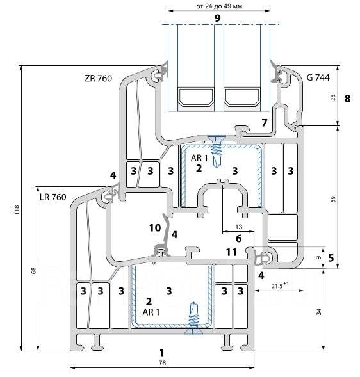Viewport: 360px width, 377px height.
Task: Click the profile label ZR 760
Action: point(98,78)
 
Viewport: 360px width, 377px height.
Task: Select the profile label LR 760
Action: point(53,197)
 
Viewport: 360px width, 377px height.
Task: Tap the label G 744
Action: point(318,77)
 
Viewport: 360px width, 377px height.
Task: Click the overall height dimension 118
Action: point(17,210)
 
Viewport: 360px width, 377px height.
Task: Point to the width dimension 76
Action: point(163,363)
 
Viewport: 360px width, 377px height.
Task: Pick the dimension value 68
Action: point(34,270)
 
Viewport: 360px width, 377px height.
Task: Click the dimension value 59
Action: point(333,199)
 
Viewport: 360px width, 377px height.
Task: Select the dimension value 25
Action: point(333,97)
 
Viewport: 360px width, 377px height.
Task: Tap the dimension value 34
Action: point(319,312)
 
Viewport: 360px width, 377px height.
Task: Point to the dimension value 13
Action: point(238,227)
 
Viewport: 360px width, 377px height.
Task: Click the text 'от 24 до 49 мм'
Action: point(219,6)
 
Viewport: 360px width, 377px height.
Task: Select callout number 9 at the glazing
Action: point(218,18)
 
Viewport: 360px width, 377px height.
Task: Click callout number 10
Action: point(155,228)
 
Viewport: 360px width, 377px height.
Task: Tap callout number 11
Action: point(231,252)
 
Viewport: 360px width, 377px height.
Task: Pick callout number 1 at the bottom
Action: point(161,353)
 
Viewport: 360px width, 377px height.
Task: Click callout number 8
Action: point(347,99)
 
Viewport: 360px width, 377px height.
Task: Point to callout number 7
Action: point(265,123)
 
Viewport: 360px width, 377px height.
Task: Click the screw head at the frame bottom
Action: point(193,332)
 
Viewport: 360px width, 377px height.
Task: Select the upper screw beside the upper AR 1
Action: point(217,151)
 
